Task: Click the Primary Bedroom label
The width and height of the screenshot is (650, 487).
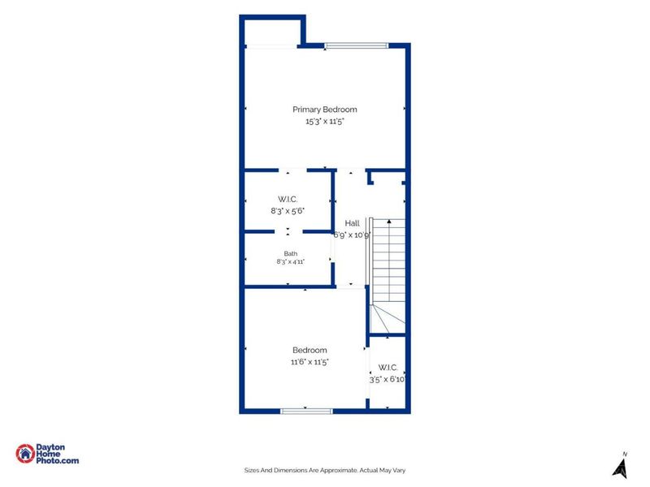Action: [324, 110]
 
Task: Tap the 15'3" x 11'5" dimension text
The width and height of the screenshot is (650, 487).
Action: [324, 121]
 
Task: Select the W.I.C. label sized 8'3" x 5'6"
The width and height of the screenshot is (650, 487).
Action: [288, 199]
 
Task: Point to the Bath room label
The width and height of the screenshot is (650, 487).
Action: [291, 253]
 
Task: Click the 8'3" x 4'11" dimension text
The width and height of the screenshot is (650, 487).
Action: [291, 261]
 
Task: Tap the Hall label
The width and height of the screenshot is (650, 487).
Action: [352, 223]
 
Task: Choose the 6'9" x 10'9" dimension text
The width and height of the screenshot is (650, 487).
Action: [352, 235]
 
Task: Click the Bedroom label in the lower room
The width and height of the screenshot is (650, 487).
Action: [310, 350]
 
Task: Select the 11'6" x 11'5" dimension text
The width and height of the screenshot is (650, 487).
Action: [310, 362]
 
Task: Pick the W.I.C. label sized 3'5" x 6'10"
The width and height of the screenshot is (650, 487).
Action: [388, 368]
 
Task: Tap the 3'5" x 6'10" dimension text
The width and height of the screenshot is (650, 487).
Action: [388, 379]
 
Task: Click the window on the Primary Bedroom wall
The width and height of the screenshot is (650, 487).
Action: [356, 45]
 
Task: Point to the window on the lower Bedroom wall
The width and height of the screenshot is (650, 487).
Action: [306, 412]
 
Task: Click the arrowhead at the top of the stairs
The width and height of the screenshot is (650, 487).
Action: [389, 222]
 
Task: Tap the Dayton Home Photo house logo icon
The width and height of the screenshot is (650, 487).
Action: [25, 454]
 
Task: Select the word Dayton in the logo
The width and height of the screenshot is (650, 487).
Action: [50, 447]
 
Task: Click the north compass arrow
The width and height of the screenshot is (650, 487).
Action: [620, 469]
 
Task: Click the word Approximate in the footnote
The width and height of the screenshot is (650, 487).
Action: [338, 471]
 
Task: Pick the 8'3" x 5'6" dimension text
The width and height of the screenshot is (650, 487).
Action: [288, 211]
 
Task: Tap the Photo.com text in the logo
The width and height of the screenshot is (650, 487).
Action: [57, 460]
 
